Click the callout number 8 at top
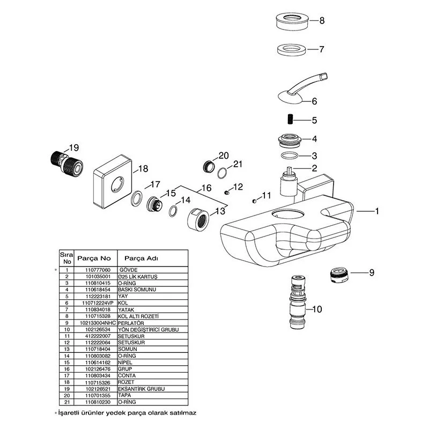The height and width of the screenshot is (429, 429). pyautogui.click(x=322, y=21)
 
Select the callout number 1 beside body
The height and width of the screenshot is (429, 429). pyautogui.click(x=376, y=211)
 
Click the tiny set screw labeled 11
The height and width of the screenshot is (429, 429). pyautogui.click(x=253, y=202)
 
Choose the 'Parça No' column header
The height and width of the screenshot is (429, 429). pyautogui.click(x=94, y=257)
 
